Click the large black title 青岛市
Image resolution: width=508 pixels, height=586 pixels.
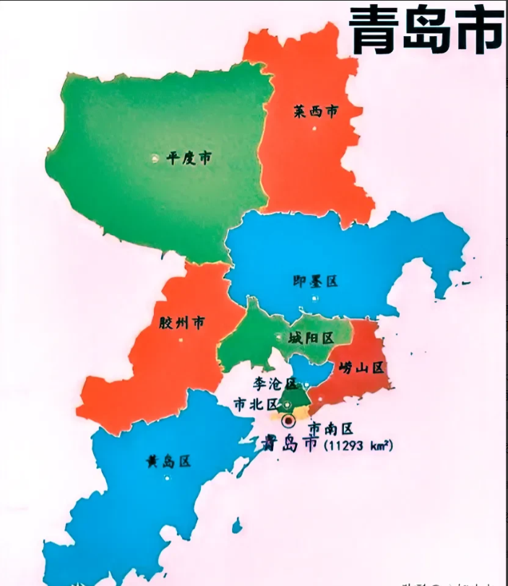pyautogui.click(x=426, y=31)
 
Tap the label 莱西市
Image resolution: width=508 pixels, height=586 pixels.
pyautogui.click(x=316, y=112)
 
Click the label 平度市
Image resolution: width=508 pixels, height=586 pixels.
pyautogui.click(x=189, y=158)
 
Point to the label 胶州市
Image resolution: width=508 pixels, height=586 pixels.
pyautogui.click(x=181, y=323)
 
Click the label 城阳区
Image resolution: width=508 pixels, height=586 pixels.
pyautogui.click(x=309, y=338)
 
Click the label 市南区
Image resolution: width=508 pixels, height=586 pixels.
pyautogui.click(x=331, y=428)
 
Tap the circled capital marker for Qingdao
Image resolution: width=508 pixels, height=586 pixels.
pyautogui.click(x=288, y=421)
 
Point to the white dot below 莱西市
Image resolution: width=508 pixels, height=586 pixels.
pyautogui.click(x=315, y=128)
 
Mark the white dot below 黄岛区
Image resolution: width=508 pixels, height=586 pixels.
pyautogui.click(x=168, y=477)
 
